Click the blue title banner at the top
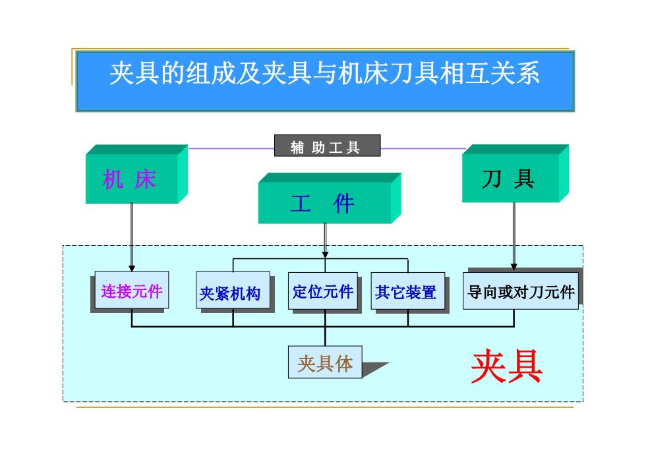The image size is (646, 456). click(325, 81)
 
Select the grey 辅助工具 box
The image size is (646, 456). click(328, 146)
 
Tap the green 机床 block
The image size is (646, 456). click(137, 174)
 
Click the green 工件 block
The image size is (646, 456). click(330, 198)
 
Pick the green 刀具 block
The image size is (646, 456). click(515, 173)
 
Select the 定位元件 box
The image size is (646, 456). click(323, 291)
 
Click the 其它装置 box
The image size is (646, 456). click(408, 291)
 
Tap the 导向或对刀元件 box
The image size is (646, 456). click(521, 291)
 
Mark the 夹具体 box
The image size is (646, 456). click(325, 362)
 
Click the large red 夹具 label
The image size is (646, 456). click(507, 366)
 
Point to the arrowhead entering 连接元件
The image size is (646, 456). click(132, 268)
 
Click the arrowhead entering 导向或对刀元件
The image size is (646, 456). click(514, 267)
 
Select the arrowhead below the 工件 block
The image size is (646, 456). click(325, 255)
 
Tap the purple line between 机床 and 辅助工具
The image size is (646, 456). click(231, 149)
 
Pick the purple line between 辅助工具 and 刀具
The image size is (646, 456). click(423, 149)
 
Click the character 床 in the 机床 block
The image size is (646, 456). click(146, 179)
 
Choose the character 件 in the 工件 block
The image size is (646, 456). click(343, 204)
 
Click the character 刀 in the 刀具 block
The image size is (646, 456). click(492, 179)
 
